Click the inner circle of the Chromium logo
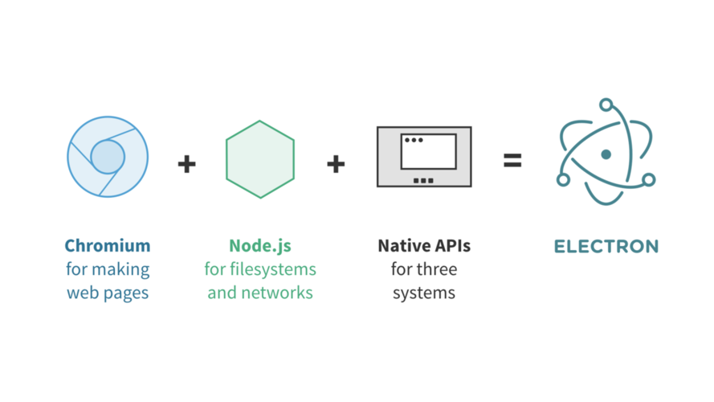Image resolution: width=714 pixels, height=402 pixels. tap(108, 157)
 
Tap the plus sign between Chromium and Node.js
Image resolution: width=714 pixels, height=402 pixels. tap(186, 163)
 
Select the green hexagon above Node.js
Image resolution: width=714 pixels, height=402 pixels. tap(260, 159)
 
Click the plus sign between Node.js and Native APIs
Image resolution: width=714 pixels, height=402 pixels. tap(336, 163)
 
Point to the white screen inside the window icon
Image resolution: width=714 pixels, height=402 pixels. tap(428, 152)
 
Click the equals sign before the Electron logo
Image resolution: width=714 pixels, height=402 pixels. tap(512, 161)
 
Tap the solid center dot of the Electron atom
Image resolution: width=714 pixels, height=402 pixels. tap(606, 154)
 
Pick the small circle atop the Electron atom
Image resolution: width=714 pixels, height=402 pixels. tap(606, 104)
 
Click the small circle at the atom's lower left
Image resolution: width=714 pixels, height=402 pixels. tap(564, 178)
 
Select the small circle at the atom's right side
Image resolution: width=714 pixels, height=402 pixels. tap(649, 179)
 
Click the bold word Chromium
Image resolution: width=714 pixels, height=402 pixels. tap(108, 245)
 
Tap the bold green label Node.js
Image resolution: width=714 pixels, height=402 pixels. tap(260, 245)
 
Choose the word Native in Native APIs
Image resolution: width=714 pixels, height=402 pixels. tap(402, 245)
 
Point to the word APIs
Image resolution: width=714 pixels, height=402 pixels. tap(451, 245)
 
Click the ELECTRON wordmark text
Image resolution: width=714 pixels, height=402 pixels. tap(606, 246)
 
